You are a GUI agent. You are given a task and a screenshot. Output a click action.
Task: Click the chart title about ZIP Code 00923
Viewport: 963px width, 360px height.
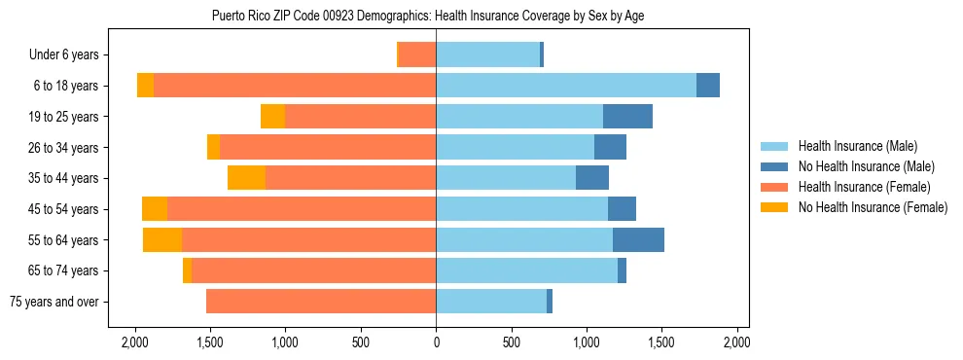coord(428,16)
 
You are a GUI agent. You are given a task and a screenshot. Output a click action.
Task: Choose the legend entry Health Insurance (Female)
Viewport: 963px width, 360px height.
coord(857,187)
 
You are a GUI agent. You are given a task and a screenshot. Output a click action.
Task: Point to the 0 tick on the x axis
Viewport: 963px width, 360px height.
coord(436,342)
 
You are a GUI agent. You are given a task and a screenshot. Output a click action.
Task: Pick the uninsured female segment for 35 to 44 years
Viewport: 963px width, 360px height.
coord(246,178)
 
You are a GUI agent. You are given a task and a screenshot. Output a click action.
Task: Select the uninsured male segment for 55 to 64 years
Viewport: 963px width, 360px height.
coord(638,239)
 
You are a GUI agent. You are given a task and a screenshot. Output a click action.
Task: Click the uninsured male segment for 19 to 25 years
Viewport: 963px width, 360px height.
coord(627,117)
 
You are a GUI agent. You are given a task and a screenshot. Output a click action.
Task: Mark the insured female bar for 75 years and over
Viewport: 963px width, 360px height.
coord(321,302)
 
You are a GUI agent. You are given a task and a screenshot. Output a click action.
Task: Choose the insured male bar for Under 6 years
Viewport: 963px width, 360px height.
coord(487,54)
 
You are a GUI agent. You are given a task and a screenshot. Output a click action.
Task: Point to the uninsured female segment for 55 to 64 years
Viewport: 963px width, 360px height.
coord(162,239)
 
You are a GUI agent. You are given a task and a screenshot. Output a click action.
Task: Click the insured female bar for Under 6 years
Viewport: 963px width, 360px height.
coord(417,54)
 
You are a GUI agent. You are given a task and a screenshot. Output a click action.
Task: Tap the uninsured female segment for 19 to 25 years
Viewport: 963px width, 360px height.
coord(272,117)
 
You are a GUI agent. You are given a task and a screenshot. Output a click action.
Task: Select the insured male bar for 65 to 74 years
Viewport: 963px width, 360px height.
coord(526,270)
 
